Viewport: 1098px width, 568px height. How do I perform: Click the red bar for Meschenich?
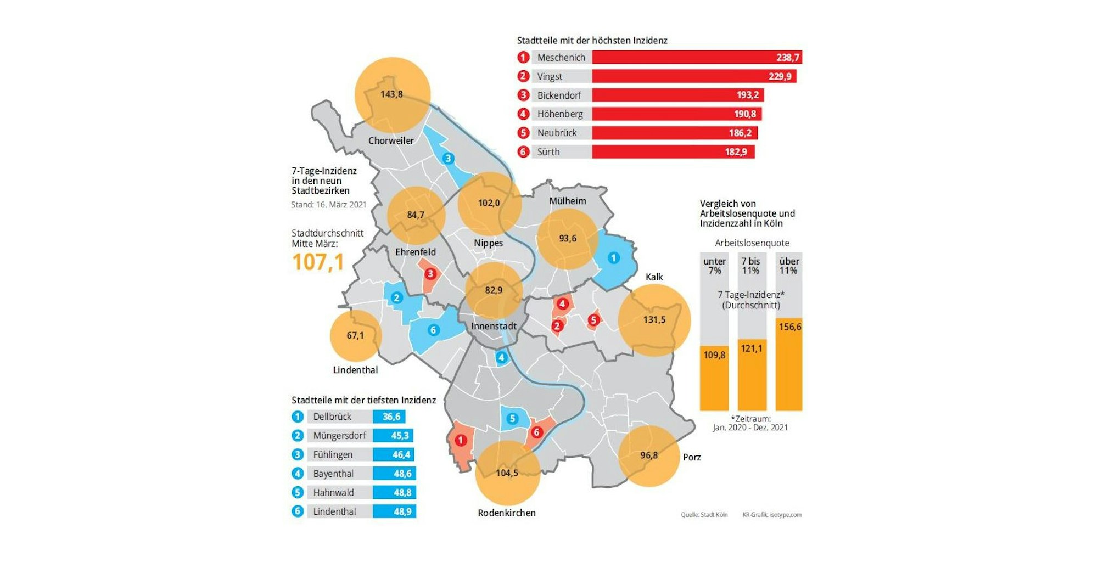[696, 57]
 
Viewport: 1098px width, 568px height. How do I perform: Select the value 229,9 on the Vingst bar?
[780, 76]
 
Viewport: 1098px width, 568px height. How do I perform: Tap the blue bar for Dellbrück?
[389, 417]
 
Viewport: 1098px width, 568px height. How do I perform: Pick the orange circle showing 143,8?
[392, 94]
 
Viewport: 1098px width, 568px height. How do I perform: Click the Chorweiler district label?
[391, 140]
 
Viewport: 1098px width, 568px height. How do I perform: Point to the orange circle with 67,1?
[355, 335]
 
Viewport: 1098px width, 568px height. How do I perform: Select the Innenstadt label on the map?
[494, 326]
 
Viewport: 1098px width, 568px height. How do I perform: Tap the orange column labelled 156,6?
[789, 365]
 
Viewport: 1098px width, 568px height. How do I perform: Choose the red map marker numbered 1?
[461, 440]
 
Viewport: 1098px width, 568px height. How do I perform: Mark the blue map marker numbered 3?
[448, 159]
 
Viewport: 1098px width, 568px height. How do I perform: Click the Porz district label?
[692, 457]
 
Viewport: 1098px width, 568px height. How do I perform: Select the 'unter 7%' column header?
[714, 266]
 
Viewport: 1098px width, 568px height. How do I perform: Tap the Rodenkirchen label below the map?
[506, 513]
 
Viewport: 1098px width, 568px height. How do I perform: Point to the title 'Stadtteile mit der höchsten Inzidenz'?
[592, 41]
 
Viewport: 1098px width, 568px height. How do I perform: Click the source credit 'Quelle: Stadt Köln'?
[704, 515]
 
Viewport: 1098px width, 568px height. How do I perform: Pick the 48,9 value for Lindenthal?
[402, 511]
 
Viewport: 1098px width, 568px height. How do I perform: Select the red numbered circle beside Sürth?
[523, 151]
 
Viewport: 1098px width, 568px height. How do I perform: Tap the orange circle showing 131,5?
[654, 320]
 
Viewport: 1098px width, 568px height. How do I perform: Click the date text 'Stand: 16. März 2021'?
[328, 205]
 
